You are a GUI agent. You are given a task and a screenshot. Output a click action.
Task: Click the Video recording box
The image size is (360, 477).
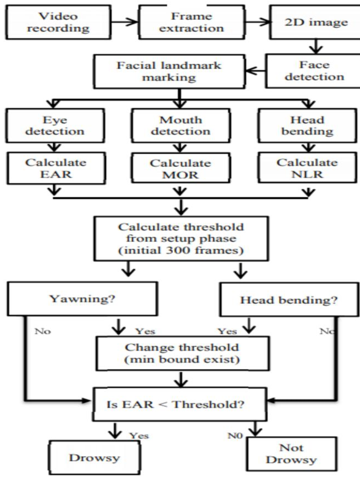(58, 22)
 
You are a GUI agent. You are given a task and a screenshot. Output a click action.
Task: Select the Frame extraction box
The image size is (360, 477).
(192, 22)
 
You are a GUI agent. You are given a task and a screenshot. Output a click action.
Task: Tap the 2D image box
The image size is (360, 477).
(315, 22)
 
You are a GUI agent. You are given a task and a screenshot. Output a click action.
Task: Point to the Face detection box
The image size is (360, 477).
(313, 71)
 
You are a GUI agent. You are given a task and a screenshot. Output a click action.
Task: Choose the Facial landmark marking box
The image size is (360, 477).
(169, 71)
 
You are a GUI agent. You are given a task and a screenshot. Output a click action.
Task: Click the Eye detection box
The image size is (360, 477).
(55, 126)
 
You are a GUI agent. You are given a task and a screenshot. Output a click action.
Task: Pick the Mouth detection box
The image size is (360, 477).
(181, 126)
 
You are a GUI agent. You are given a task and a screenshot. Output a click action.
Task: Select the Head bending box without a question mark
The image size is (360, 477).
(307, 126)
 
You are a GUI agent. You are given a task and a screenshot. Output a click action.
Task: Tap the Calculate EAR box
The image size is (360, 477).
(56, 168)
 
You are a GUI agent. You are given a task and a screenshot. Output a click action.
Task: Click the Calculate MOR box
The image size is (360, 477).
(181, 168)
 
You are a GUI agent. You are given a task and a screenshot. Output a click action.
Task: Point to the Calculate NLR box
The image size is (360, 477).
(307, 168)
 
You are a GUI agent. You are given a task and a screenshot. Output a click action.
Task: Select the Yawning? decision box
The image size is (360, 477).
(82, 299)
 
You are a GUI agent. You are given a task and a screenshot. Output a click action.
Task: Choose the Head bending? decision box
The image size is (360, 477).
(289, 300)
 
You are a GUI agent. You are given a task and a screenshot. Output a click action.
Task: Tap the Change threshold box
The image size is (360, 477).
(182, 354)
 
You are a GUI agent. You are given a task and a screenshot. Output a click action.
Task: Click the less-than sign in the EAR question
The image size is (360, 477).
(163, 405)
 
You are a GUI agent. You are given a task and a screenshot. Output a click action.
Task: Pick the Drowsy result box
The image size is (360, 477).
(94, 457)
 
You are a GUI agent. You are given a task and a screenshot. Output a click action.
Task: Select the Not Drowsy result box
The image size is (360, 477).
(292, 454)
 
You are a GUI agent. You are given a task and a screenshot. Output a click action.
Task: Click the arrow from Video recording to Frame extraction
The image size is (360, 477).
(124, 22)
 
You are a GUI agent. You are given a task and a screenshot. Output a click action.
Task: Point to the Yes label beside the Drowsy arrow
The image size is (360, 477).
(139, 436)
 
